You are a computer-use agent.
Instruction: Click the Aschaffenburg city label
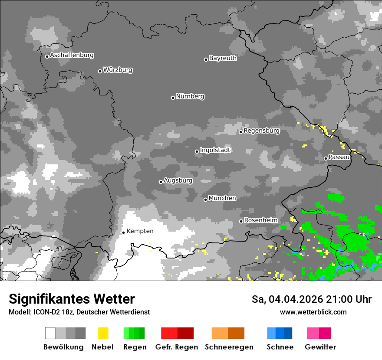tap(72, 56)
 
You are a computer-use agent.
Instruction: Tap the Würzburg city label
tap(118, 70)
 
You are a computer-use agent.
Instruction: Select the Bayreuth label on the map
tap(223, 58)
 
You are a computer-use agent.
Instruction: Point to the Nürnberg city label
tap(190, 96)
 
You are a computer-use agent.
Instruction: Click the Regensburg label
tap(261, 131)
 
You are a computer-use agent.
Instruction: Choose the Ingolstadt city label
tap(215, 150)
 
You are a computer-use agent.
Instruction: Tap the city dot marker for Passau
tap(326, 158)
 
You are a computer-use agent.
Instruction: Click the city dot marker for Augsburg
tap(161, 182)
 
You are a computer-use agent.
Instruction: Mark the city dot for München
tap(205, 200)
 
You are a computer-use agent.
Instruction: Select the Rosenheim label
tap(260, 220)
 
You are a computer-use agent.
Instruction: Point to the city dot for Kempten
tap(123, 232)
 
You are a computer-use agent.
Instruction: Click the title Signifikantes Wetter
tap(72, 299)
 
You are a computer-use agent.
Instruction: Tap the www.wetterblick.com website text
tap(313, 312)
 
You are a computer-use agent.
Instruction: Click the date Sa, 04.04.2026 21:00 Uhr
tap(311, 299)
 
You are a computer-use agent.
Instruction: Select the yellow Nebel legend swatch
tap(103, 333)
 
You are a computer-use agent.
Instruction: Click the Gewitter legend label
tap(320, 347)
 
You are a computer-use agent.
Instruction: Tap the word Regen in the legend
tap(135, 347)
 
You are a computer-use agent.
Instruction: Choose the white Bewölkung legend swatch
tap(50, 333)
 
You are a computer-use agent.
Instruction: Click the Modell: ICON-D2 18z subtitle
tap(79, 312)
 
